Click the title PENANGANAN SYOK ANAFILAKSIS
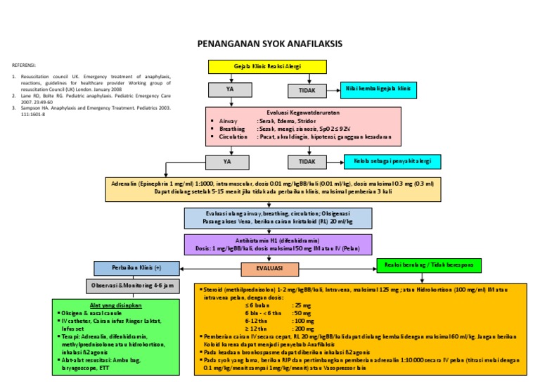click(270, 44)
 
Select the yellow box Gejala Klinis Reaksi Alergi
click(268, 67)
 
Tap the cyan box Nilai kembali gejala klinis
click(378, 89)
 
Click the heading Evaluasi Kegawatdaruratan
click(302, 112)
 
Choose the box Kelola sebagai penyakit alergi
click(392, 161)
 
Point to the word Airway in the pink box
click(229, 121)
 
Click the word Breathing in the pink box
click(232, 129)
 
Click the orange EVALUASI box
click(269, 269)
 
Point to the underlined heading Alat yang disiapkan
click(117, 305)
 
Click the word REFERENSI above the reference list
click(24, 64)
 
